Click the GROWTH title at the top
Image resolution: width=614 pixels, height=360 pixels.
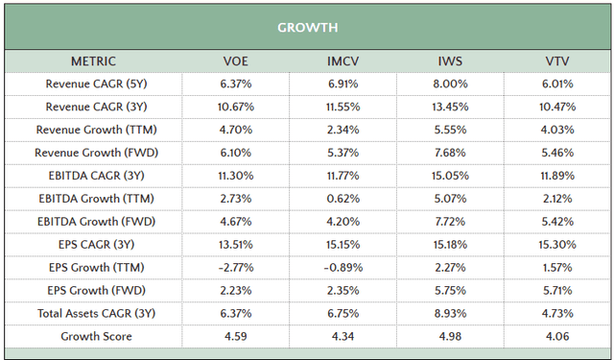(x=307, y=27)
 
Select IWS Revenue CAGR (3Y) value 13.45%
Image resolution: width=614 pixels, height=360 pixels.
(x=449, y=107)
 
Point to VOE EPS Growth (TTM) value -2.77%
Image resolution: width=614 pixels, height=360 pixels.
(x=235, y=268)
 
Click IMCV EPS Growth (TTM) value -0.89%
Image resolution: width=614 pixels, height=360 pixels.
(x=343, y=268)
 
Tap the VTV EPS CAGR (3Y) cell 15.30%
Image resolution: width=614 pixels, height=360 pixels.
(x=556, y=245)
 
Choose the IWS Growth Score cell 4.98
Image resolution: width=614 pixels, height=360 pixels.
(x=449, y=337)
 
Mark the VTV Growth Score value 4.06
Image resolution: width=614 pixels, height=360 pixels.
(x=556, y=337)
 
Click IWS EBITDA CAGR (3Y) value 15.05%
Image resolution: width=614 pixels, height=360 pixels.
(x=449, y=176)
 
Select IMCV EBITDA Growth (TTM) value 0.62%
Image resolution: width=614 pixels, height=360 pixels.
(x=343, y=199)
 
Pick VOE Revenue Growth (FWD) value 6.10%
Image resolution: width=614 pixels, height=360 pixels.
(x=235, y=153)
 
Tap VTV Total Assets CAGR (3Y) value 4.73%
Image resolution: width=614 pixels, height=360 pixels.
(x=556, y=314)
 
